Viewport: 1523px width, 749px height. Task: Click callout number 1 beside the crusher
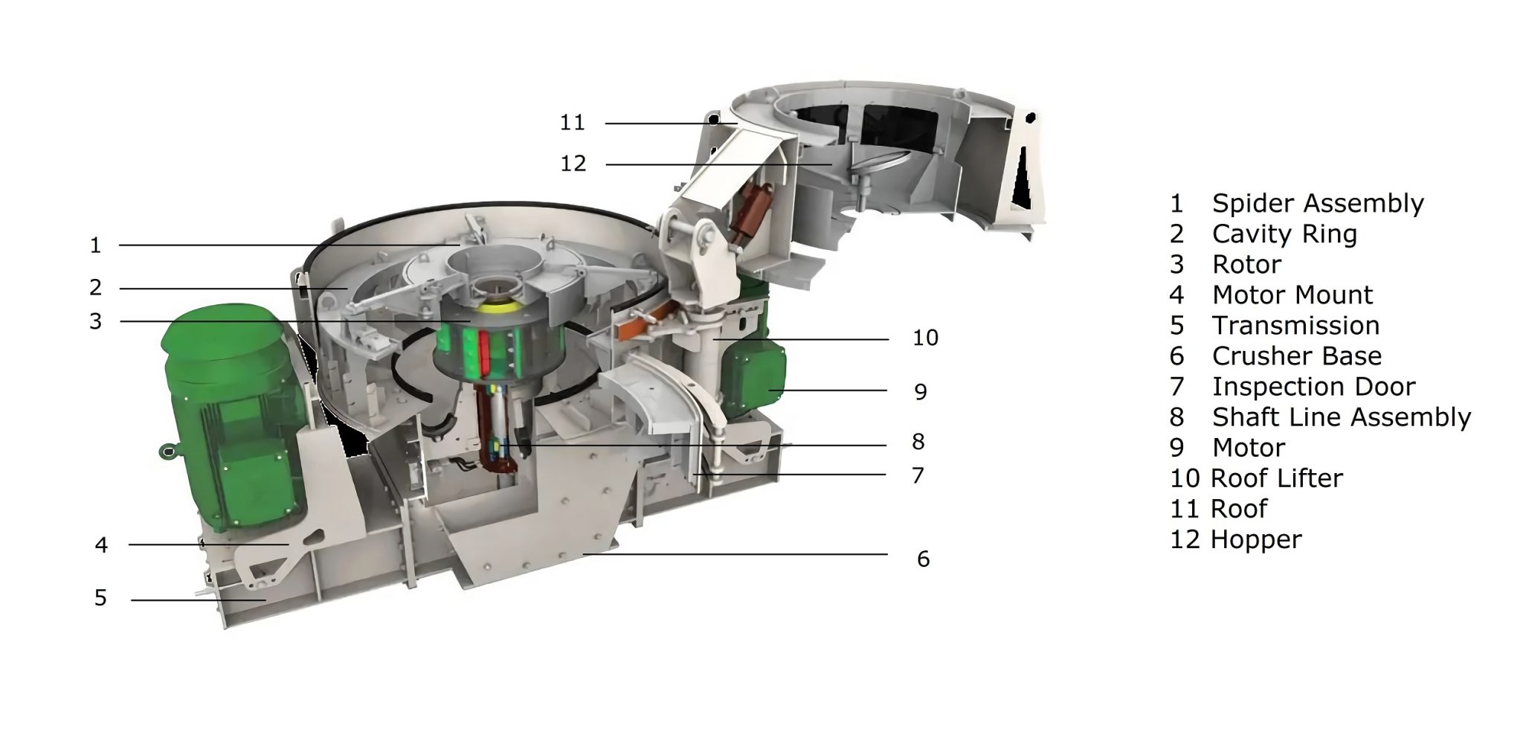click(95, 245)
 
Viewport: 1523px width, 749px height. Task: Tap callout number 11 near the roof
click(572, 123)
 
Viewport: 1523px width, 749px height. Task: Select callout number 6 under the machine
click(923, 559)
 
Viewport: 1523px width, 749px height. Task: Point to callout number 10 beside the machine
click(925, 338)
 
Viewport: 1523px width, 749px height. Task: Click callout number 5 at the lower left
click(100, 598)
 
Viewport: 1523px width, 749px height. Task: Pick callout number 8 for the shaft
click(918, 442)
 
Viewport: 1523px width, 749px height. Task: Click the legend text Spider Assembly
click(1317, 203)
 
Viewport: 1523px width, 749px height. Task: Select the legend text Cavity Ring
click(1284, 234)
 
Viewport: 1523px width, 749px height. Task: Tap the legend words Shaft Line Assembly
click(1341, 417)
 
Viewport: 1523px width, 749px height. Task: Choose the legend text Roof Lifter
click(1276, 478)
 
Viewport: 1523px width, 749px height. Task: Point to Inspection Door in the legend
click(1313, 387)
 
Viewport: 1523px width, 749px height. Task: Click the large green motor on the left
click(231, 417)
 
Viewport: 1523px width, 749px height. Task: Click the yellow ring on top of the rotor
click(500, 306)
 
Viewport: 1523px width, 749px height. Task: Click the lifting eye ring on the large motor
click(167, 451)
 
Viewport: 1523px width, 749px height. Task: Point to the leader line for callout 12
click(714, 164)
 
